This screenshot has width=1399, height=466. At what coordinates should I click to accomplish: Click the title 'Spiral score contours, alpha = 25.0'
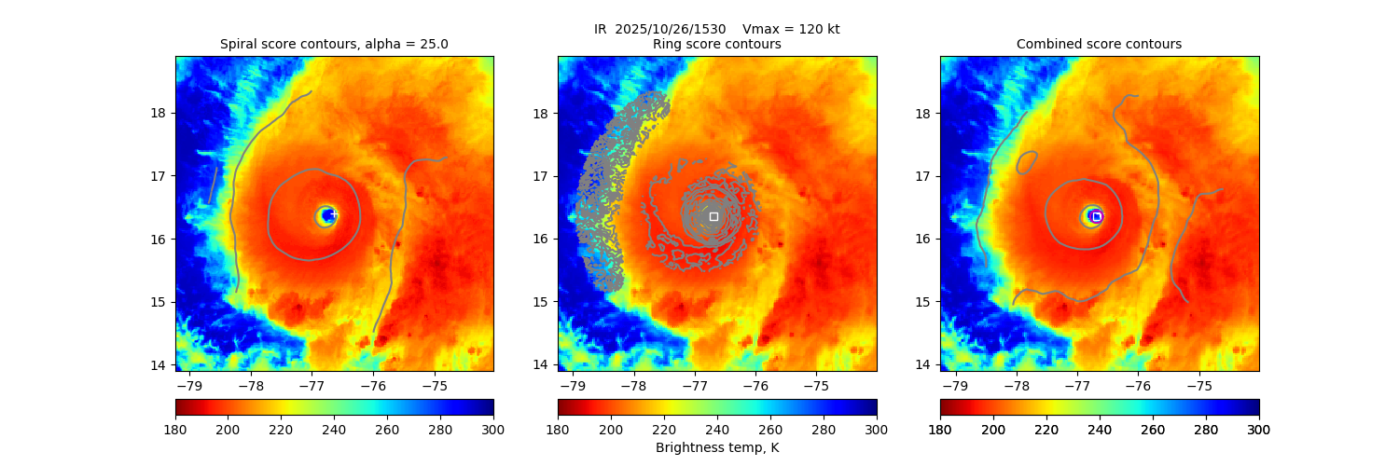[334, 44]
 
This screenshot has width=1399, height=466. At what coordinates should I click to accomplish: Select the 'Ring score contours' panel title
[716, 44]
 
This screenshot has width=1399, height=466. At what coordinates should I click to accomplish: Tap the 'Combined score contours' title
[1099, 44]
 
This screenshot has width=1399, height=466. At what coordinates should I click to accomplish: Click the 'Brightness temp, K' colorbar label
[716, 447]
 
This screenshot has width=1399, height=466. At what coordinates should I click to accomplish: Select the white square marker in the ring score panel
[713, 216]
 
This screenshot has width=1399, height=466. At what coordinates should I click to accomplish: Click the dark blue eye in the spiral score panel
[326, 216]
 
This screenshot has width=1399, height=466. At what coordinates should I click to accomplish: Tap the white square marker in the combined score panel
[1097, 216]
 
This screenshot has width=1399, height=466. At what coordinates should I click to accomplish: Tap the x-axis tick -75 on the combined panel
[1198, 384]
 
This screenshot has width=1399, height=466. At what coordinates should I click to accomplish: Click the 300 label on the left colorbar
[493, 429]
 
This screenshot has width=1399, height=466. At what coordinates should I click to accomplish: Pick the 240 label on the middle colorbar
[716, 429]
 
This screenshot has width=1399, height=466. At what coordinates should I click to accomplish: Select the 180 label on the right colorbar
[940, 429]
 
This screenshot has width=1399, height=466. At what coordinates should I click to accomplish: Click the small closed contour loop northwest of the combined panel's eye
[1026, 161]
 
